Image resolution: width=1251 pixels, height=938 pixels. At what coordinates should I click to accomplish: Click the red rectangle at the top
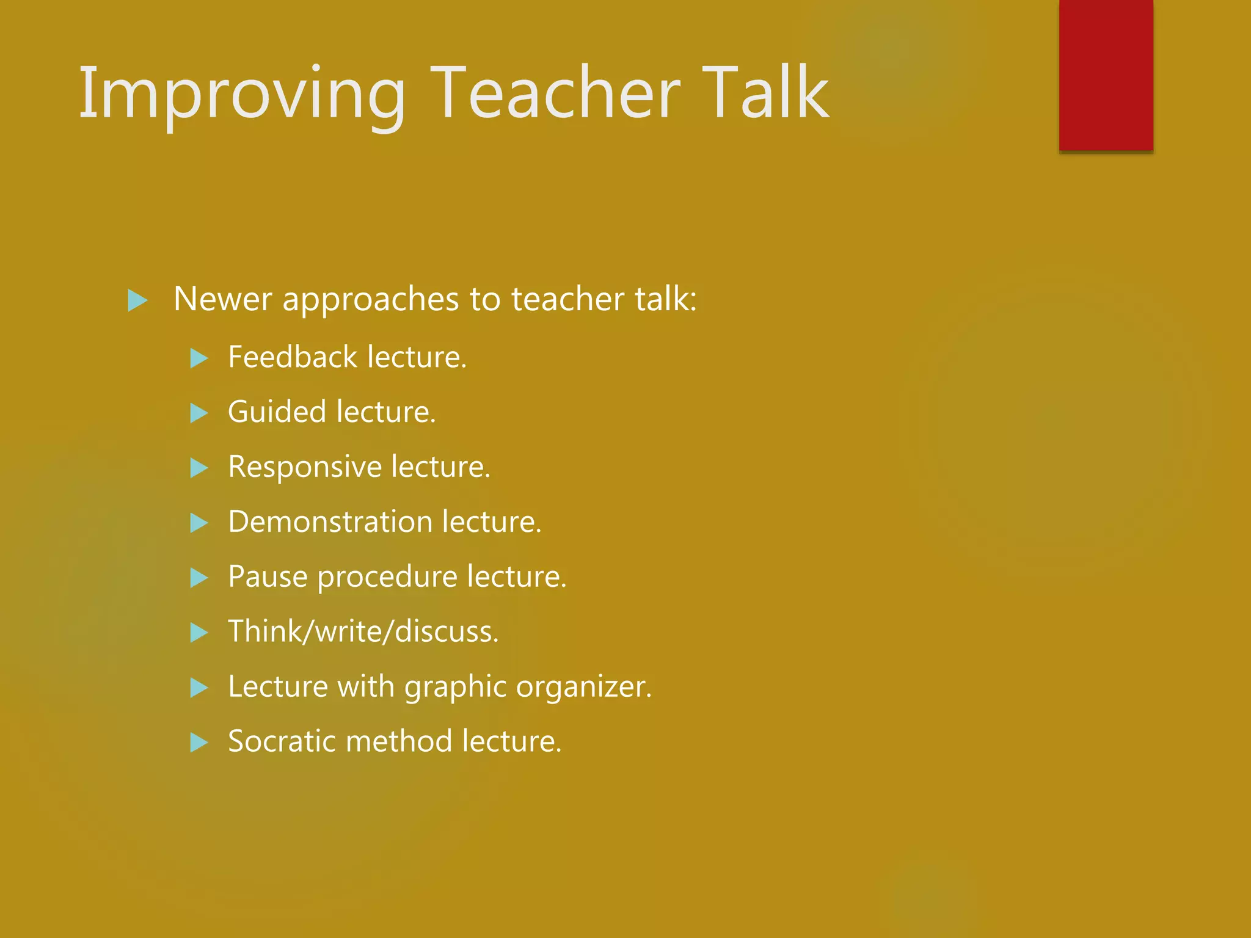[x=1106, y=75]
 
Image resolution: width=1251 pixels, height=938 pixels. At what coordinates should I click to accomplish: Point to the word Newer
[x=222, y=299]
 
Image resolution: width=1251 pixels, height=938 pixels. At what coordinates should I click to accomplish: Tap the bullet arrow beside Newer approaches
[x=137, y=300]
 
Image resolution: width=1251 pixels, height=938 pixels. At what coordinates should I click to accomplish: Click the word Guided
[x=277, y=412]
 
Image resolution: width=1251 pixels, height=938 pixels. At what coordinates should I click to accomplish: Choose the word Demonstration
[x=330, y=522]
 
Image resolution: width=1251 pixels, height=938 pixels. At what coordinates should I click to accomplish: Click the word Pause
[x=268, y=576]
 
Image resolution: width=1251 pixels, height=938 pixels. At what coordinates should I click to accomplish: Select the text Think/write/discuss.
[x=363, y=631]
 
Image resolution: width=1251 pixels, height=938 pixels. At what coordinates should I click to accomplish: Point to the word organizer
[x=583, y=688]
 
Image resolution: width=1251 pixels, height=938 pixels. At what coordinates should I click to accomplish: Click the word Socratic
[x=280, y=741]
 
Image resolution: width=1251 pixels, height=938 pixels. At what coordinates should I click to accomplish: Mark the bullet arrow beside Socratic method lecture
[x=199, y=743]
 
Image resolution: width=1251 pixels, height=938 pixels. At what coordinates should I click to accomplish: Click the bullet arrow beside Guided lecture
[x=199, y=413]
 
